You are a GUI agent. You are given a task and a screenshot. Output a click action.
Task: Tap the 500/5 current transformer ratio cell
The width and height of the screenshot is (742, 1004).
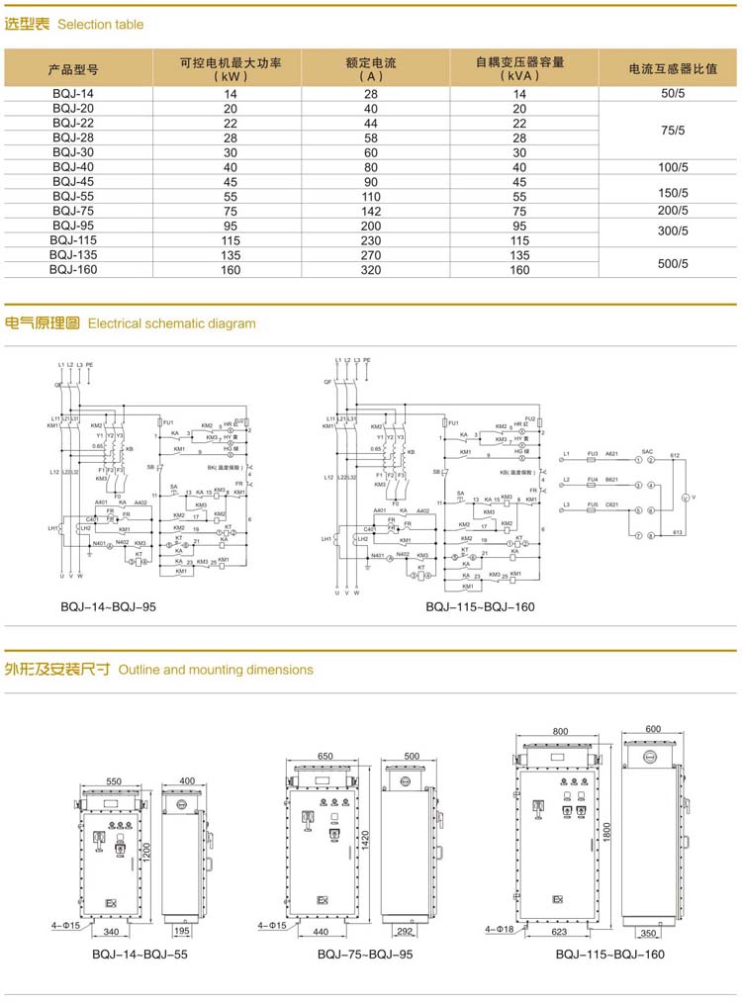point(673,263)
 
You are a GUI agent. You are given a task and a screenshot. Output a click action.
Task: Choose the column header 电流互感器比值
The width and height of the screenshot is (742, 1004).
point(673,69)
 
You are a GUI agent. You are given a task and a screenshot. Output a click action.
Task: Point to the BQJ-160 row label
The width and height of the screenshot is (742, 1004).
point(73,269)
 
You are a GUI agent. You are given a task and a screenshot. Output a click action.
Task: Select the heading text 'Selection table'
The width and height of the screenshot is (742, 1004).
point(100,25)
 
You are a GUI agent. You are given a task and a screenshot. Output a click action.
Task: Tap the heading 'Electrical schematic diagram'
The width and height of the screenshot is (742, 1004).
point(172,323)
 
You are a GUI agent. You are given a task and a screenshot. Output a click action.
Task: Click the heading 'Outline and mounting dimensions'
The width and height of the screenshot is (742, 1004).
point(215,670)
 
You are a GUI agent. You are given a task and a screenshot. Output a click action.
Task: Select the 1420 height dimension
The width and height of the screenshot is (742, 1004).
point(365,838)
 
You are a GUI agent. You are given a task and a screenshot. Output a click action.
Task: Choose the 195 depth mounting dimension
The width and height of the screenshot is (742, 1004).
point(181,931)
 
